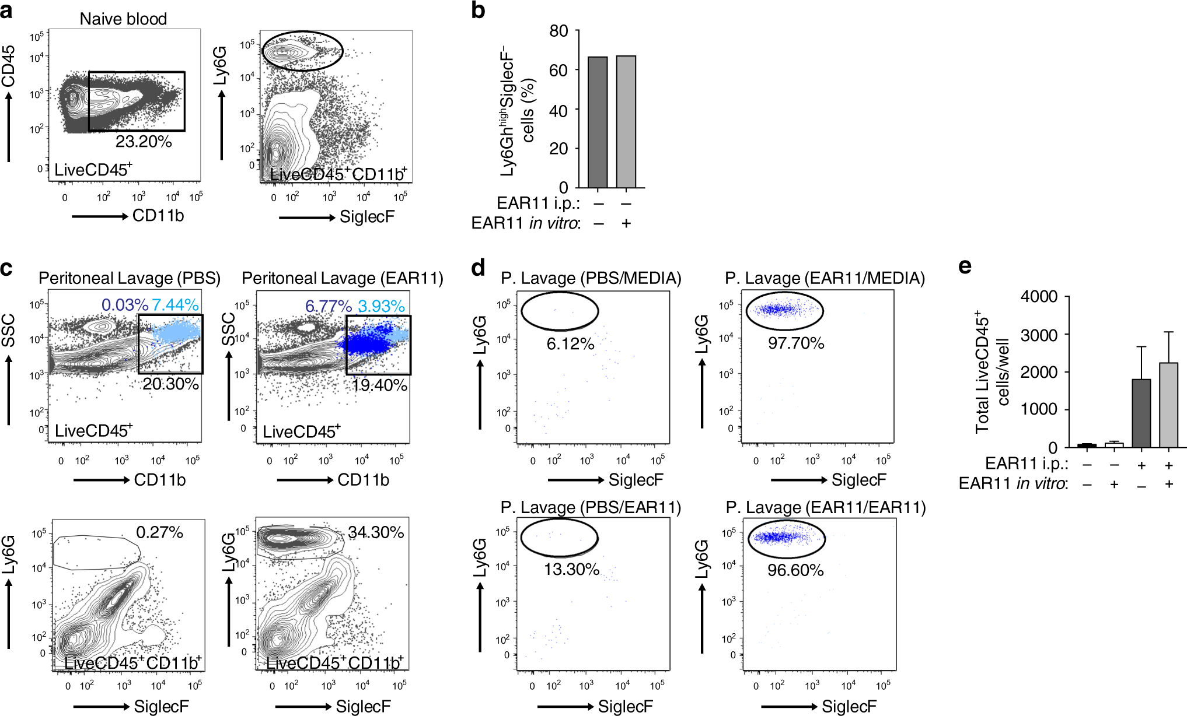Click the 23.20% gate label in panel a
pyautogui.click(x=144, y=142)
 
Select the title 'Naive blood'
pyautogui.click(x=123, y=19)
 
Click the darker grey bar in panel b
pyautogui.click(x=598, y=122)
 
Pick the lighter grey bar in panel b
pyautogui.click(x=626, y=122)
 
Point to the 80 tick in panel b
pyautogui.click(x=558, y=31)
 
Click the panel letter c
pyautogui.click(x=7, y=268)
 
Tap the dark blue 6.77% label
pyautogui.click(x=328, y=306)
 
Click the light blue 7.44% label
pyautogui.click(x=175, y=305)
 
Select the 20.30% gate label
pyautogui.click(x=170, y=384)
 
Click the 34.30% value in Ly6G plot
pyautogui.click(x=376, y=532)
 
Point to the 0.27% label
pyautogui.click(x=159, y=532)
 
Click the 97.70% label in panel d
pyautogui.click(x=796, y=343)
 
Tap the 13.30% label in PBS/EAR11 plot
pyautogui.click(x=571, y=570)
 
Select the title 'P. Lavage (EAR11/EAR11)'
pyautogui.click(x=826, y=508)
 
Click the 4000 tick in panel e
pyautogui.click(x=1039, y=297)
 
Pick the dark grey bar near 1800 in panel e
pyautogui.click(x=1141, y=413)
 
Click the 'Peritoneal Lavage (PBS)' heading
pyautogui.click(x=130, y=278)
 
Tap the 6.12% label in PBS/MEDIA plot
pyautogui.click(x=570, y=344)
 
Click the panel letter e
pyautogui.click(x=965, y=266)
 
